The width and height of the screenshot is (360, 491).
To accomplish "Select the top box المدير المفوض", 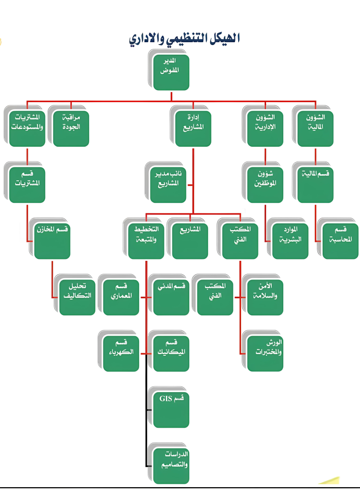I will pyautogui.click(x=171, y=72).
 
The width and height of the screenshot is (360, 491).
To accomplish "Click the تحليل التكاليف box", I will pyautogui.click(x=77, y=297).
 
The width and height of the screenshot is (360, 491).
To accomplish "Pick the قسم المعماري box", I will pyautogui.click(x=121, y=297).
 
